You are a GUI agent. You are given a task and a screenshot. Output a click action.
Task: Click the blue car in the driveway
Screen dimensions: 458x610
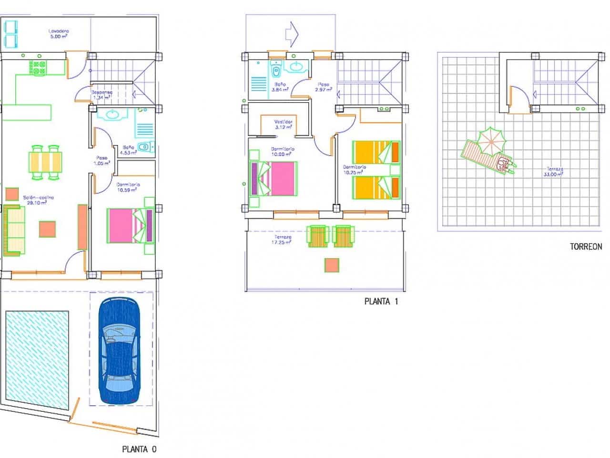[119, 351]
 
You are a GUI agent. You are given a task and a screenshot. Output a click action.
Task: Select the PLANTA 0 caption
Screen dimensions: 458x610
[139, 449]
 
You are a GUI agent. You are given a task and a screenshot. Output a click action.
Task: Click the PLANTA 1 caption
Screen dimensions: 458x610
[381, 301]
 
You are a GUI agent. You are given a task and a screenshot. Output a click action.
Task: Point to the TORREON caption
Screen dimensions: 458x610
[586, 247]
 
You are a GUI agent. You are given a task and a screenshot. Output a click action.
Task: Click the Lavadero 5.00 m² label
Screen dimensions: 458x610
[59, 34]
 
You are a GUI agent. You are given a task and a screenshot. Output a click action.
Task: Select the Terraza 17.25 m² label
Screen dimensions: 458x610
[283, 239]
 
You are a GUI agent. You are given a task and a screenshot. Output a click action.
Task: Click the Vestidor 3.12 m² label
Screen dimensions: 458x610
[283, 124]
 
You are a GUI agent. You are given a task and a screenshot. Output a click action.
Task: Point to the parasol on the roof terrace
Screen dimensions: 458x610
[490, 140]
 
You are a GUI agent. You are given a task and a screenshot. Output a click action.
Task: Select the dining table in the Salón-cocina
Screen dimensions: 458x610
[46, 161]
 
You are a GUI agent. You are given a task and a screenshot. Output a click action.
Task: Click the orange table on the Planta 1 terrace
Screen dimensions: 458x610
[332, 265]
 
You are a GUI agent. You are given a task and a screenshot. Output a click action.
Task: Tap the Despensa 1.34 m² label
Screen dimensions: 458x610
[101, 94]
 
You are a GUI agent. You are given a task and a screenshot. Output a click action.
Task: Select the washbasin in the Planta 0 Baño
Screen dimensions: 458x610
[112, 115]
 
